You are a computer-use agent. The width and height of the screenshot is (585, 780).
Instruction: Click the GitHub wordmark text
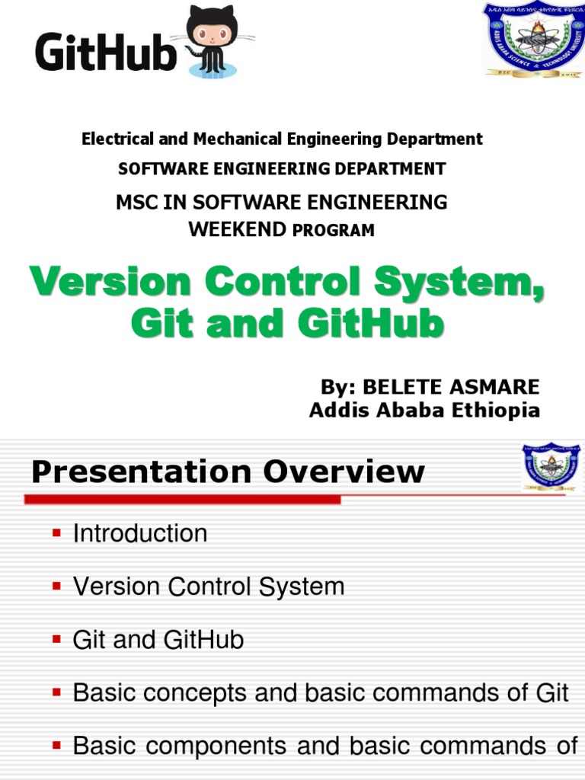(105, 53)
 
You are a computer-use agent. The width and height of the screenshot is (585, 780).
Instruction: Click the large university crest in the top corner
(533, 40)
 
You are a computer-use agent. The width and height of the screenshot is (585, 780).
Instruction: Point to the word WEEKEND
(237, 229)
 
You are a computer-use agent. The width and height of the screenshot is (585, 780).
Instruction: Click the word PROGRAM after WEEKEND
(334, 230)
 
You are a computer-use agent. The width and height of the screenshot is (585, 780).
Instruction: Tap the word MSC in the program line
(138, 203)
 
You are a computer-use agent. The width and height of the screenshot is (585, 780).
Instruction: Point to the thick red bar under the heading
(183, 500)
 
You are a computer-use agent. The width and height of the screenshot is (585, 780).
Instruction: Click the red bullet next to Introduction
(56, 533)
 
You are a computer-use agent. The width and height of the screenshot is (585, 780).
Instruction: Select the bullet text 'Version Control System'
(209, 587)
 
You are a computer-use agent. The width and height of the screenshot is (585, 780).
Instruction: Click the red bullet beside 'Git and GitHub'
(56, 640)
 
